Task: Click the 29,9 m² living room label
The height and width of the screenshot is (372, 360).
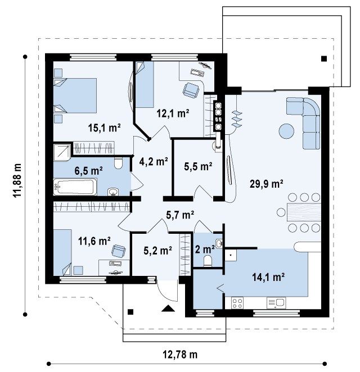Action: click(266, 184)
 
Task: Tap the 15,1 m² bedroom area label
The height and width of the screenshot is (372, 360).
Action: click(104, 128)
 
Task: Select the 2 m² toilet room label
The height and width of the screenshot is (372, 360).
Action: click(205, 249)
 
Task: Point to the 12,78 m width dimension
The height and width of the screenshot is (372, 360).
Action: click(180, 355)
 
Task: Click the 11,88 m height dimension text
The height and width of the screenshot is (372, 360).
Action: click(17, 180)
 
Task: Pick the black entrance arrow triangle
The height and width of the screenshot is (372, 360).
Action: click(168, 308)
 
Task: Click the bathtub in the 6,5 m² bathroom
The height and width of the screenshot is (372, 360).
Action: click(75, 187)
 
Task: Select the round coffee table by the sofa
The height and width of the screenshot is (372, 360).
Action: click(286, 131)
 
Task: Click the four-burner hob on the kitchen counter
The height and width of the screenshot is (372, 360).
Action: click(237, 303)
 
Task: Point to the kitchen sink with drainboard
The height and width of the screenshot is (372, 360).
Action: click(276, 303)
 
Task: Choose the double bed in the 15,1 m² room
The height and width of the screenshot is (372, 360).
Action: click(75, 96)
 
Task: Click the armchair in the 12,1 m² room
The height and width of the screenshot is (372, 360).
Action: click(191, 90)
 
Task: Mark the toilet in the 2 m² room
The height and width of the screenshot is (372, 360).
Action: click(208, 261)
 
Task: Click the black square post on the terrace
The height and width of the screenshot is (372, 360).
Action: click(324, 58)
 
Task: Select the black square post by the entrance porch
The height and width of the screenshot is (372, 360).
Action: click(130, 312)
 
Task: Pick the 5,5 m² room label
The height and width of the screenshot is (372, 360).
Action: click(198, 166)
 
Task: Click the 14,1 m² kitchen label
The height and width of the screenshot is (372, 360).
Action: click(268, 277)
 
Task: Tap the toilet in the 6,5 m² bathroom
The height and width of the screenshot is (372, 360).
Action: click(118, 163)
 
